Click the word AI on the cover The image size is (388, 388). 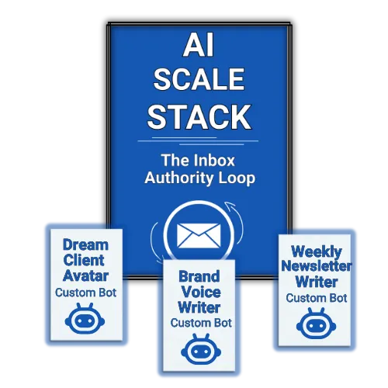tap(199, 44)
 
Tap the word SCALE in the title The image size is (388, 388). tap(199, 79)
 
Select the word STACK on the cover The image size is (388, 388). tap(199, 117)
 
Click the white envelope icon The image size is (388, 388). tap(199, 236)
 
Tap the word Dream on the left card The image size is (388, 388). tap(85, 244)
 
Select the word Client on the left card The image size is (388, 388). tap(84, 260)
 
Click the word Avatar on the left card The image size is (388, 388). tap(85, 275)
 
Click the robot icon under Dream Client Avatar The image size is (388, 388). tap(85, 318)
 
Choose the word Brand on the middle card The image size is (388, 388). tap(199, 276)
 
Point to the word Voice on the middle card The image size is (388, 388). tap(201, 292)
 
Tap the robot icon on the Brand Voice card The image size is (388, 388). tap(201, 349)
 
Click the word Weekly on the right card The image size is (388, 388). tap(317, 251)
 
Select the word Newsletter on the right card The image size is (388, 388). tap(317, 266)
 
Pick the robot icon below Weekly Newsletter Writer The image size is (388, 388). tap(316, 324)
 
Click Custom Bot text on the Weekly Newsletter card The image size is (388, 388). tap(317, 298)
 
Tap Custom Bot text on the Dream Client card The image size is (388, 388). tap(85, 293)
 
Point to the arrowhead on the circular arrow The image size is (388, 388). tap(230, 206)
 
